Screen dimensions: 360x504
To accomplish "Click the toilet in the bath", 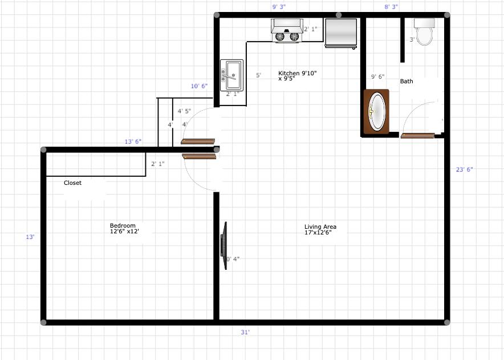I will pos(424,33).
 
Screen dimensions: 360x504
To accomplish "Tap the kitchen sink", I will pos(231,75).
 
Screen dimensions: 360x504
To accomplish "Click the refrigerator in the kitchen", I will pos(341,33).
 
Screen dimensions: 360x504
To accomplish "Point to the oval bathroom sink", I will pos(377,111).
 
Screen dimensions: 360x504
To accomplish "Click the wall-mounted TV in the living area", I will pos(224,246).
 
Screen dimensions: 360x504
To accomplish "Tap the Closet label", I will pos(72,183).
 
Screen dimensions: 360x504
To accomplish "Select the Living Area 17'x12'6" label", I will pos(320,229).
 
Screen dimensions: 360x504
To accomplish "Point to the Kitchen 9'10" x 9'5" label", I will pos(297,76).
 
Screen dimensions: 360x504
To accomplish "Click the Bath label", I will pos(407,81).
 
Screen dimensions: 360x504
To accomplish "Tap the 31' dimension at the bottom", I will pos(245,331).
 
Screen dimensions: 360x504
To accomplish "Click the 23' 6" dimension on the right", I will pos(465,169).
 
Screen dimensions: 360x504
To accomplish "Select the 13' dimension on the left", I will pos(30,237).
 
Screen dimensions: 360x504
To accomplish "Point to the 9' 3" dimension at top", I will pos(279,7).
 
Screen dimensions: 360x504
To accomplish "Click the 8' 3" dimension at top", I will pos(391,7).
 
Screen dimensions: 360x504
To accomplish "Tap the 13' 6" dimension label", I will pos(133,142).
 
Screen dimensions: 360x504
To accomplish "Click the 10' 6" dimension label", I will pos(199,86).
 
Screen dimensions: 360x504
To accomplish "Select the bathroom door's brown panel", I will pos(418,136).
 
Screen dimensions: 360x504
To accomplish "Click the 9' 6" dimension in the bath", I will pos(377,76).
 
